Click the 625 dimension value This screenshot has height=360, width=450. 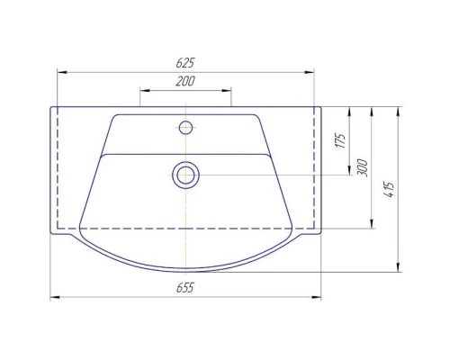pyautogui.click(x=185, y=63)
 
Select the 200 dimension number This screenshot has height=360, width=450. pyautogui.click(x=185, y=81)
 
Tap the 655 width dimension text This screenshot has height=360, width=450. pyautogui.click(x=185, y=288)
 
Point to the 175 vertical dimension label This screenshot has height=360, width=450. pyautogui.click(x=341, y=140)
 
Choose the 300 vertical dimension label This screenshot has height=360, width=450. pyautogui.click(x=363, y=168)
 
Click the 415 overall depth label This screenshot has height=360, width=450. pyautogui.click(x=389, y=190)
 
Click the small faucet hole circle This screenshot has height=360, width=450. pyautogui.click(x=185, y=128)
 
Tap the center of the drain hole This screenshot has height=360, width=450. pyautogui.click(x=185, y=175)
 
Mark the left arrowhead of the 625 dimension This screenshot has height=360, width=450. pyautogui.click(x=62, y=72)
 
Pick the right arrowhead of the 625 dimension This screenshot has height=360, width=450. pyautogui.click(x=310, y=72)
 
